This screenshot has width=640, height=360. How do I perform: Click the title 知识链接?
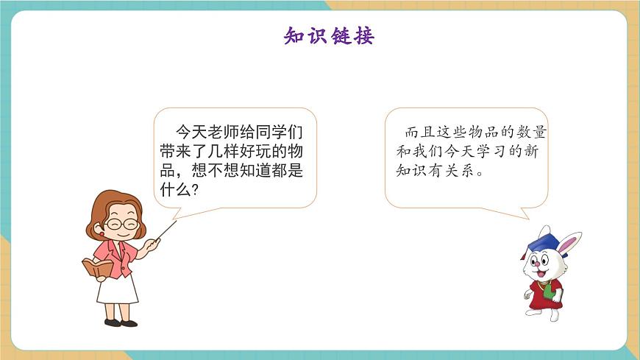pyautogui.click(x=329, y=35)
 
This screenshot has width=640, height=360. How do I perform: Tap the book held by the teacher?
pyautogui.click(x=97, y=267)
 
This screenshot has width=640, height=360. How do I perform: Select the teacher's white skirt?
pyautogui.click(x=118, y=289)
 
